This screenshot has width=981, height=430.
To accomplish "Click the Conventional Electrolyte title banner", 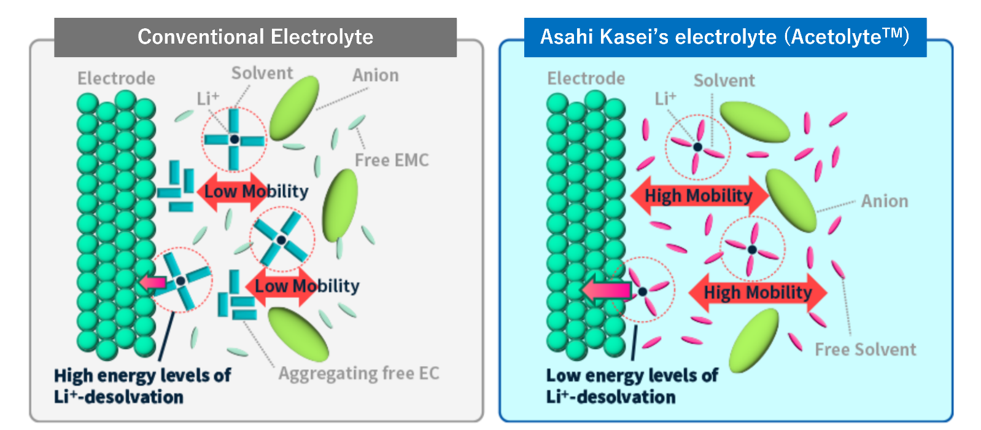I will click(x=255, y=37).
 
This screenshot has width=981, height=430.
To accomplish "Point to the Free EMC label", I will click(x=391, y=160).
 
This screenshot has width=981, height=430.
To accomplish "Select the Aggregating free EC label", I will click(x=359, y=373).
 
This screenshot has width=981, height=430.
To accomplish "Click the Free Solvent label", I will click(x=865, y=350).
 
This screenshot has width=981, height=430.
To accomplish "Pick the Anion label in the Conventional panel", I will click(x=375, y=76).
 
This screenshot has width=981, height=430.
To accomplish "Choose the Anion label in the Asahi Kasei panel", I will click(x=884, y=201).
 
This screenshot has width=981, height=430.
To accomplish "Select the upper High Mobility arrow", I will click(x=699, y=196).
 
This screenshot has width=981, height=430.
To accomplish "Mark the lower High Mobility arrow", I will click(x=758, y=292).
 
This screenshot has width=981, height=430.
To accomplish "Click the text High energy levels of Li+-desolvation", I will click(x=142, y=386).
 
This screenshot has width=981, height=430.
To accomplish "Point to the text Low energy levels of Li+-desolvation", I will click(x=632, y=386).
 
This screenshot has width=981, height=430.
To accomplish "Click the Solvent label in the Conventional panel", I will click(x=262, y=73).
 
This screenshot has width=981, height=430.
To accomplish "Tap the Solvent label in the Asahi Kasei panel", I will click(x=724, y=80).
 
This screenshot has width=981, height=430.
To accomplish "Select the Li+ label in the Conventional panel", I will click(x=207, y=98).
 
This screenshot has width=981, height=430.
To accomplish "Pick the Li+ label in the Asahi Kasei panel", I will click(x=665, y=98).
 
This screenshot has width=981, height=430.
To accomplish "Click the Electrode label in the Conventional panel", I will click(x=116, y=79).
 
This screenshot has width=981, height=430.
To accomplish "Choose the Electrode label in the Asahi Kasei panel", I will click(x=586, y=79).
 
